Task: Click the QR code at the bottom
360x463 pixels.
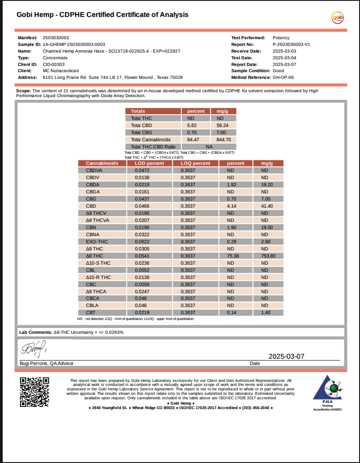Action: tap(34, 392)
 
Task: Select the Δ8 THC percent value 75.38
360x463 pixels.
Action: tap(231, 256)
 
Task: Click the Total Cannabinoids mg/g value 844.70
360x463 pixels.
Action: tap(223, 139)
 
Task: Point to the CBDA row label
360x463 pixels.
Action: tap(93, 184)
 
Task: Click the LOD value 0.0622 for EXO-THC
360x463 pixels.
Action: tap(143, 242)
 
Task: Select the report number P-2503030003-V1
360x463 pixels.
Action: tap(291, 45)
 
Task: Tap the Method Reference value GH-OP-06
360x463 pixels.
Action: tap(283, 77)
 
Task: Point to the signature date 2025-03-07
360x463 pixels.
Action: tap(286, 356)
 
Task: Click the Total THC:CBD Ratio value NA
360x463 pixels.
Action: tap(209, 147)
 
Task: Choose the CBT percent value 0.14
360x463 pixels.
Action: tap(231, 313)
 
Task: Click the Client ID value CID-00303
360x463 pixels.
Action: tap(53, 64)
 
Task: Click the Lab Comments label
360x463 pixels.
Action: tap(35, 332)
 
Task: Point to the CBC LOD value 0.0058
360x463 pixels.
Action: tap(143, 284)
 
